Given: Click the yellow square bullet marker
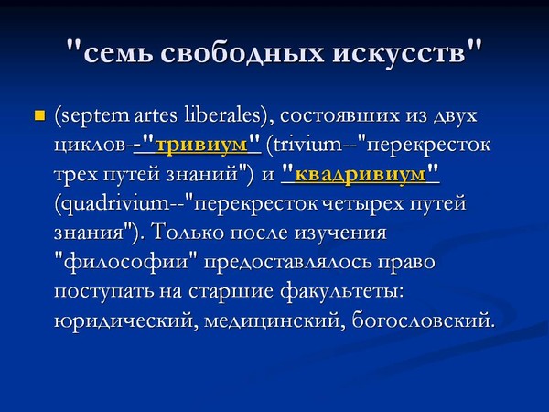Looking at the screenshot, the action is click(40, 115).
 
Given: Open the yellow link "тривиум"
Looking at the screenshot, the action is click(201, 145).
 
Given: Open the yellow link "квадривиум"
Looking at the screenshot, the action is click(361, 174).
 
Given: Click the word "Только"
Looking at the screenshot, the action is click(188, 233).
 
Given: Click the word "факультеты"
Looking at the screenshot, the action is click(341, 291).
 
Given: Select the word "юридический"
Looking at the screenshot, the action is click(124, 320).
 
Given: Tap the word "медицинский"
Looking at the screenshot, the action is click(273, 320).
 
